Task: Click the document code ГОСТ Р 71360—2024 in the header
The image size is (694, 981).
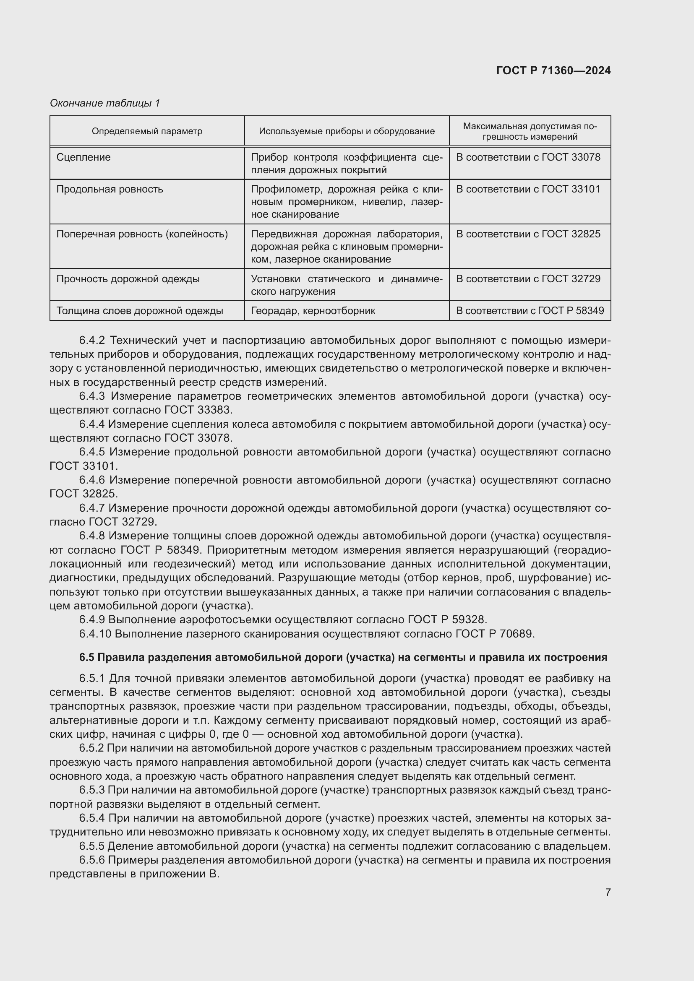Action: [x=553, y=71]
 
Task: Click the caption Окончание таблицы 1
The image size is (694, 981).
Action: [x=105, y=103]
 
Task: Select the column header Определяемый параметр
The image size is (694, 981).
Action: [x=147, y=131]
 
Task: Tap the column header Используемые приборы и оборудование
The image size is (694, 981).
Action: [x=347, y=131]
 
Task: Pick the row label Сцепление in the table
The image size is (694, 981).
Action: [x=83, y=157]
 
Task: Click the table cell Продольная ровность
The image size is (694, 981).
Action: [x=110, y=189]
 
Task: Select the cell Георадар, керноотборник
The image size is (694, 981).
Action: [x=313, y=311]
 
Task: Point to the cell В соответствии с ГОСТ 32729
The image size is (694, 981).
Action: [x=528, y=279]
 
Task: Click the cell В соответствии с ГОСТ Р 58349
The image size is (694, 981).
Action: [x=530, y=311]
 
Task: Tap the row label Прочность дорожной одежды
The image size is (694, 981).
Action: [x=128, y=279]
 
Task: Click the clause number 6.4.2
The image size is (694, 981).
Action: [x=92, y=341]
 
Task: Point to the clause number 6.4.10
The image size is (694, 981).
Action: [x=95, y=634]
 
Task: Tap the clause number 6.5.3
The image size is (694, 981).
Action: [x=92, y=791]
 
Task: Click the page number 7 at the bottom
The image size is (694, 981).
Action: [x=608, y=892]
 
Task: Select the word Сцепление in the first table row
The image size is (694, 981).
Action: [x=83, y=157]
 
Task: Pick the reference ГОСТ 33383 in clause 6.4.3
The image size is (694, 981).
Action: [x=198, y=410]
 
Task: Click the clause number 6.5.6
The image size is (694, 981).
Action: [x=92, y=860]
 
